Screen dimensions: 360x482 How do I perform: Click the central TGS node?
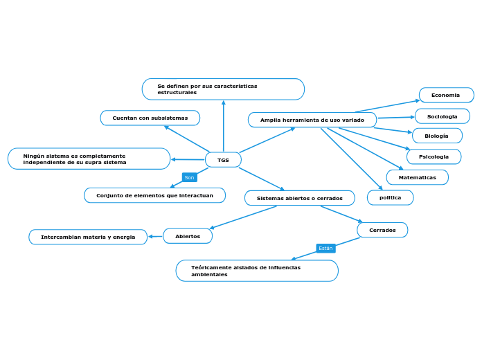223,160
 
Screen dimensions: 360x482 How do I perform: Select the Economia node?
446,95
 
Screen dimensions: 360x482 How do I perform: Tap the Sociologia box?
442,116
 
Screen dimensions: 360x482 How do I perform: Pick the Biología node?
437,136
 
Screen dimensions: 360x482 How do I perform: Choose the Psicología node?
434,156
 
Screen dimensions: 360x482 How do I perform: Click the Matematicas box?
418,177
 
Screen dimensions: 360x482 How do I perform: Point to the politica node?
390,197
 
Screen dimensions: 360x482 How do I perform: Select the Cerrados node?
382,230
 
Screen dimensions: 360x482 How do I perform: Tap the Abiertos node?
188,236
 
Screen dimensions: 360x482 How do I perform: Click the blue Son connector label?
189,177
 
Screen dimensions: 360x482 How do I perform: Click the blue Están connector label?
325,248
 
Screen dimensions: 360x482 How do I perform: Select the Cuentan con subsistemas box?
150,118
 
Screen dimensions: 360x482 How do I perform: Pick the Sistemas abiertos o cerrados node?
299,198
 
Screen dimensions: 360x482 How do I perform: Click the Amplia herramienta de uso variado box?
312,120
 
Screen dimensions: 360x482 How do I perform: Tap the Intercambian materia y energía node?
88,237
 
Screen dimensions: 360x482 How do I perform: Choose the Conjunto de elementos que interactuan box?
154,195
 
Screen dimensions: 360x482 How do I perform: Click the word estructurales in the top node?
177,92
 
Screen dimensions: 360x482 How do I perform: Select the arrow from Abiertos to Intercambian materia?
155,237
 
